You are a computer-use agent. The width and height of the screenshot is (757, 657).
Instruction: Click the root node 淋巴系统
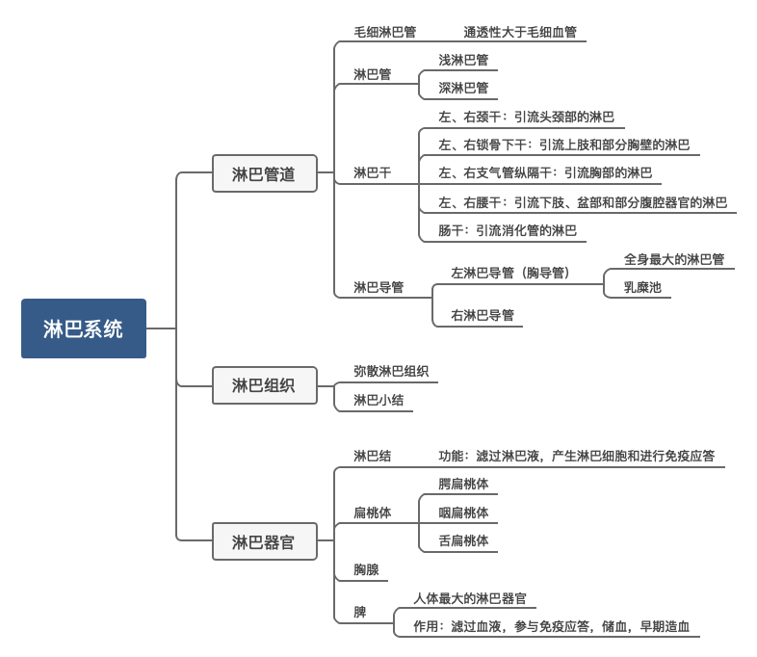pos(83,328)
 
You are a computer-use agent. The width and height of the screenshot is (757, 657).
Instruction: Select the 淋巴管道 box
pos(264,174)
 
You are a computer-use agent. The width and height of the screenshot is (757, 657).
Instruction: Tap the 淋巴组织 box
pos(264,385)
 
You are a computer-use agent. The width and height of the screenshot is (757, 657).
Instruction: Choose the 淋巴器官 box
pos(264,541)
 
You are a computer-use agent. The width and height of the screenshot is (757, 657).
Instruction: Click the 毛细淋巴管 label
pos(384,32)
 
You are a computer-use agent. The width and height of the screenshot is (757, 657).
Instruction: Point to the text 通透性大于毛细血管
pos(520,32)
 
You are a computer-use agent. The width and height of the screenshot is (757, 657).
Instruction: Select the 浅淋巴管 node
pos(463,60)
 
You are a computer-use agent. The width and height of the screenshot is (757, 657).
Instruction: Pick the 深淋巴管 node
pos(463,88)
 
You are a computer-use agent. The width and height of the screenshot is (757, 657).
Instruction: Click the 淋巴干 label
pos(373,173)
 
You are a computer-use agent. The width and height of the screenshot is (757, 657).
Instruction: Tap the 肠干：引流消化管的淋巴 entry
pos(508,230)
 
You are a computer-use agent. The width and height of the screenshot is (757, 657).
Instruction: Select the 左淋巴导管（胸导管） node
pos(510,273)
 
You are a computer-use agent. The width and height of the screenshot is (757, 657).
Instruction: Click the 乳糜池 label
pos(642,287)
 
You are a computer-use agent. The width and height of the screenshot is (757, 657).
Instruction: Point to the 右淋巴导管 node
pos(483,315)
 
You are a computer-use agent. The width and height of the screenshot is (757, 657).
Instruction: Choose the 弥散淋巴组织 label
pos(391,371)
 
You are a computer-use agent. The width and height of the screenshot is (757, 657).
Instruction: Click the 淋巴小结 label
pos(378,400)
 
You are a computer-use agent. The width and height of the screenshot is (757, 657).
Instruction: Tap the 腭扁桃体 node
pos(463,484)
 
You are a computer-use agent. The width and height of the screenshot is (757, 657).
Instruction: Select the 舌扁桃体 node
pos(463,540)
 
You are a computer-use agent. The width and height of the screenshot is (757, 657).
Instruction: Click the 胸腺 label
pos(366,569)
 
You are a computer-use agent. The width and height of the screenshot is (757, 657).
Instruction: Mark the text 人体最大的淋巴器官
pos(470,598)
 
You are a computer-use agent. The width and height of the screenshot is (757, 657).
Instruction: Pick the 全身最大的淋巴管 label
pos(674,259)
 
